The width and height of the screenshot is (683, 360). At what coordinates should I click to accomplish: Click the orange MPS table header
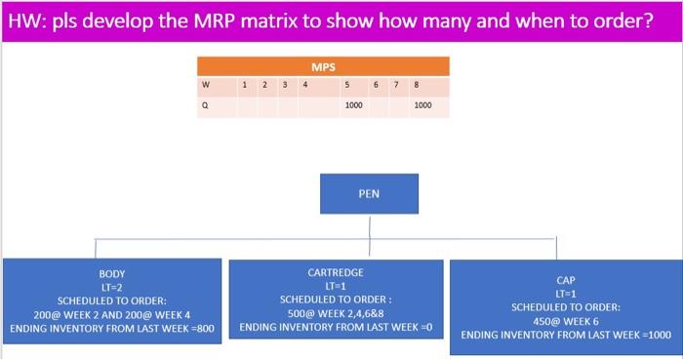tap(323, 67)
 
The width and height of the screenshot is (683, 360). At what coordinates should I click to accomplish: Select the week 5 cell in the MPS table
tap(347, 84)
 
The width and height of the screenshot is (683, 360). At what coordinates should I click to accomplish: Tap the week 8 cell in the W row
tap(416, 84)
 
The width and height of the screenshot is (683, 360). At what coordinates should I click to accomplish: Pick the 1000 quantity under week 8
tap(422, 105)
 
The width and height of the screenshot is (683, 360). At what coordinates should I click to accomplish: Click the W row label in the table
tap(205, 84)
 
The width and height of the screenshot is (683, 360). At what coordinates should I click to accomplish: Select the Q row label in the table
tap(205, 105)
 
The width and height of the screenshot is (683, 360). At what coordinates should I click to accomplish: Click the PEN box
tap(369, 193)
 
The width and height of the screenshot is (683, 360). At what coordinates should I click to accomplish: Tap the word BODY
tap(112, 274)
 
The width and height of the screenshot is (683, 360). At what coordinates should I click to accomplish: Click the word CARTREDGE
tap(335, 273)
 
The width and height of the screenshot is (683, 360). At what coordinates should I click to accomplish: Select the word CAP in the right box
tap(565, 280)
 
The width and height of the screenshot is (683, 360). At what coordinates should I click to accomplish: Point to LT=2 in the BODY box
tap(112, 288)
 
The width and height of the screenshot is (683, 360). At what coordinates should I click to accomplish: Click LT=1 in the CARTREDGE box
tap(335, 286)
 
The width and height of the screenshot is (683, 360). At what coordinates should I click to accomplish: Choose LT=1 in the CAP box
tap(565, 294)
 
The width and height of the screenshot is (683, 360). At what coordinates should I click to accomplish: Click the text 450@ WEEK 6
tap(565, 321)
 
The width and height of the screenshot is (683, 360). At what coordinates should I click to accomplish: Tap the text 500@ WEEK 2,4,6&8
tap(335, 313)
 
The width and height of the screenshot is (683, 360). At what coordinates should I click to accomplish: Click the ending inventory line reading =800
tap(112, 329)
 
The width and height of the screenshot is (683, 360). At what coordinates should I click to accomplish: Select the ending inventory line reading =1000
tap(565, 335)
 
